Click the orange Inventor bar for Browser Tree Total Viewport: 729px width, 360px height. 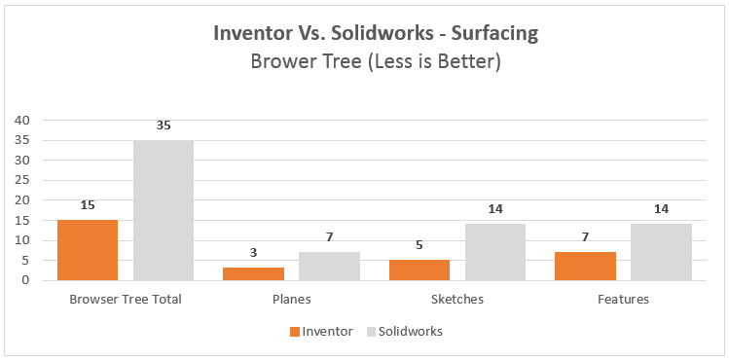coord(87,250)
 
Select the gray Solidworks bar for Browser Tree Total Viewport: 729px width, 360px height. coord(163,210)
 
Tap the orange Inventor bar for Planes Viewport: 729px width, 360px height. coord(253,273)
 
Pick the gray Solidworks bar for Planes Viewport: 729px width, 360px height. coord(329,266)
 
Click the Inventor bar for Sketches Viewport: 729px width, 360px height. coord(419,270)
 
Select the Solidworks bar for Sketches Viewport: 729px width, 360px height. coord(494,252)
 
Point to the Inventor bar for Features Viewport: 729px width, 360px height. coord(585,266)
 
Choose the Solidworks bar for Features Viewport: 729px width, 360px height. coord(661,252)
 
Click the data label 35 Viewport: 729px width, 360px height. coord(163,126)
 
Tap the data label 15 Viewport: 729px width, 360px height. coord(87,206)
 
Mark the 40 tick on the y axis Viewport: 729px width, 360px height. coord(22,120)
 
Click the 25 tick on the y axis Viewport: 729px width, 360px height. coord(22,180)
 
